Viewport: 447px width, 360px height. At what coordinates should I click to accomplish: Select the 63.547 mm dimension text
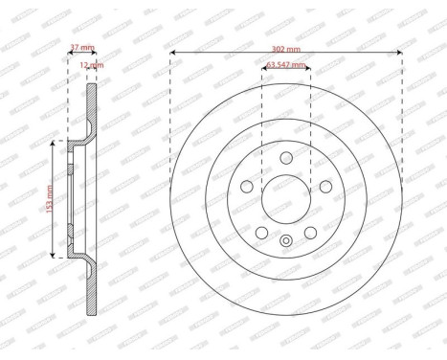[285, 65]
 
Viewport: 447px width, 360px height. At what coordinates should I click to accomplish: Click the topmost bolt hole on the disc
[285, 160]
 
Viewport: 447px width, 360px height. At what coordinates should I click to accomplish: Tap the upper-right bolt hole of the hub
[324, 188]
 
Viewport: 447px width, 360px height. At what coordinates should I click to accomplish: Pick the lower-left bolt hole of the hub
[261, 233]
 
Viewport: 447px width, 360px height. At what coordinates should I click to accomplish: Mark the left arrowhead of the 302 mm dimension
[170, 53]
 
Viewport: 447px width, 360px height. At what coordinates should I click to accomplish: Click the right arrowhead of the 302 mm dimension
[401, 53]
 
